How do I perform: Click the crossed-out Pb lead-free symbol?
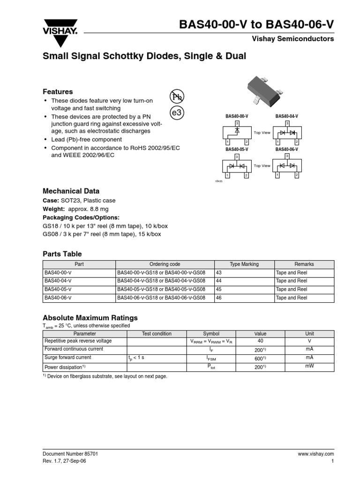click(x=177, y=97)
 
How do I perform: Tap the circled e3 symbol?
click(x=177, y=113)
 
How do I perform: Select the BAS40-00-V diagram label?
click(x=237, y=116)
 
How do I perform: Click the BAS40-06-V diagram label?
click(x=286, y=149)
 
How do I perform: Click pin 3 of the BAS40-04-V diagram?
click(x=286, y=123)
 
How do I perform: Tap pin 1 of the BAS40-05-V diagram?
click(x=227, y=175)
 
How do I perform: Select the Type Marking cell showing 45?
click(x=219, y=289)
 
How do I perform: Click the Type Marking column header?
click(x=244, y=264)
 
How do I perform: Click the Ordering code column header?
click(x=165, y=264)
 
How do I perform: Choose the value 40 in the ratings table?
click(x=260, y=341)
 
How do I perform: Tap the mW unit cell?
click(x=309, y=366)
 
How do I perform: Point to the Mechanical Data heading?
click(x=71, y=191)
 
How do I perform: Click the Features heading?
click(x=58, y=92)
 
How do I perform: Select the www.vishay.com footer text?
click(x=315, y=454)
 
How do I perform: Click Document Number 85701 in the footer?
click(x=70, y=454)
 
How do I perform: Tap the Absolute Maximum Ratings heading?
click(x=90, y=317)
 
